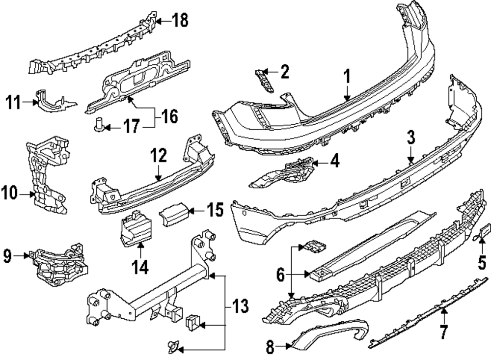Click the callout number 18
click(180, 21)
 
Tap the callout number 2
click(284, 73)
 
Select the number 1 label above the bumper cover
click(347, 77)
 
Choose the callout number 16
click(169, 117)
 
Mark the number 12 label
click(158, 156)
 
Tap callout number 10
click(10, 194)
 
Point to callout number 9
click(7, 255)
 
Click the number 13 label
click(240, 307)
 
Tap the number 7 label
click(443, 332)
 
